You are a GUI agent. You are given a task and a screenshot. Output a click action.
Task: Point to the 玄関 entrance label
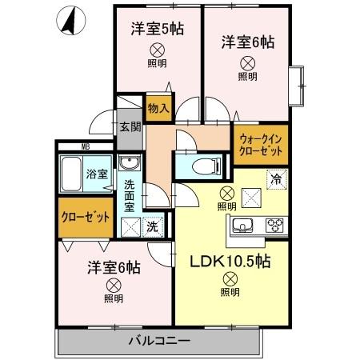tap(130, 126)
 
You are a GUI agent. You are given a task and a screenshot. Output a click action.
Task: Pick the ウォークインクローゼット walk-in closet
tap(260, 143)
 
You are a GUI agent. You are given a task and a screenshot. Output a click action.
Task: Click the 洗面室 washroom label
tap(130, 197)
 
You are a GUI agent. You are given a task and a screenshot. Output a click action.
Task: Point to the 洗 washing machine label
tap(153, 226)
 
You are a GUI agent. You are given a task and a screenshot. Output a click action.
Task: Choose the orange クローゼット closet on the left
tap(86, 218)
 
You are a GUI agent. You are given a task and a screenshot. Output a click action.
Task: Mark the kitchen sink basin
tap(246, 225)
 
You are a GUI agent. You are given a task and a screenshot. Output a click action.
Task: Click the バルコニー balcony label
tap(159, 342)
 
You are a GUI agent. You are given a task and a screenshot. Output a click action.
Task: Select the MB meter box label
tap(85, 147)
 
